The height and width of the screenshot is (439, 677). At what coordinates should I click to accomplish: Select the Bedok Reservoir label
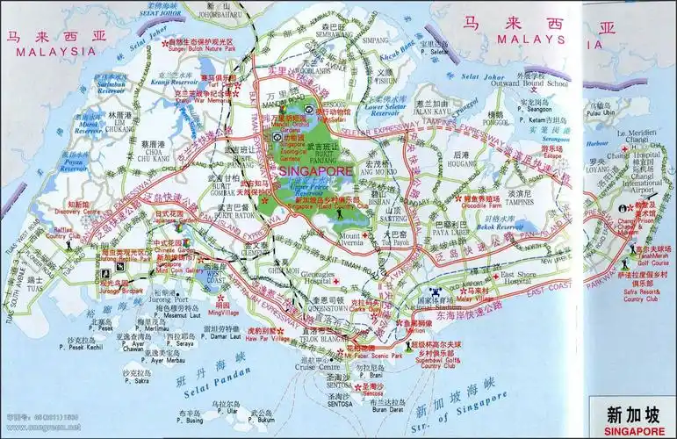(507, 227)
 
